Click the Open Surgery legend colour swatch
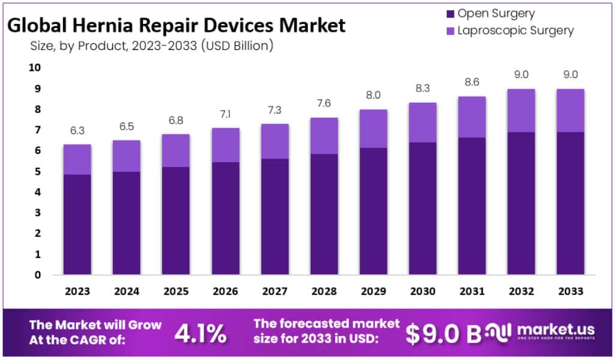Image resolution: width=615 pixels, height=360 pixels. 449,13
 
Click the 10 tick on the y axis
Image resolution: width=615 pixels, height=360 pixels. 35,68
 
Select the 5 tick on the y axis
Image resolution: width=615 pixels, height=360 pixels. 37,172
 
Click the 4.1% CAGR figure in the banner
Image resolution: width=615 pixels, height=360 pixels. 200,333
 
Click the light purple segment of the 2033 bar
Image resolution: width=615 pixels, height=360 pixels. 570,111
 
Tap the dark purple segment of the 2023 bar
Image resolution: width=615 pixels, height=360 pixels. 77,224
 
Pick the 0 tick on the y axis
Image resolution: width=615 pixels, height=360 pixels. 37,275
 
